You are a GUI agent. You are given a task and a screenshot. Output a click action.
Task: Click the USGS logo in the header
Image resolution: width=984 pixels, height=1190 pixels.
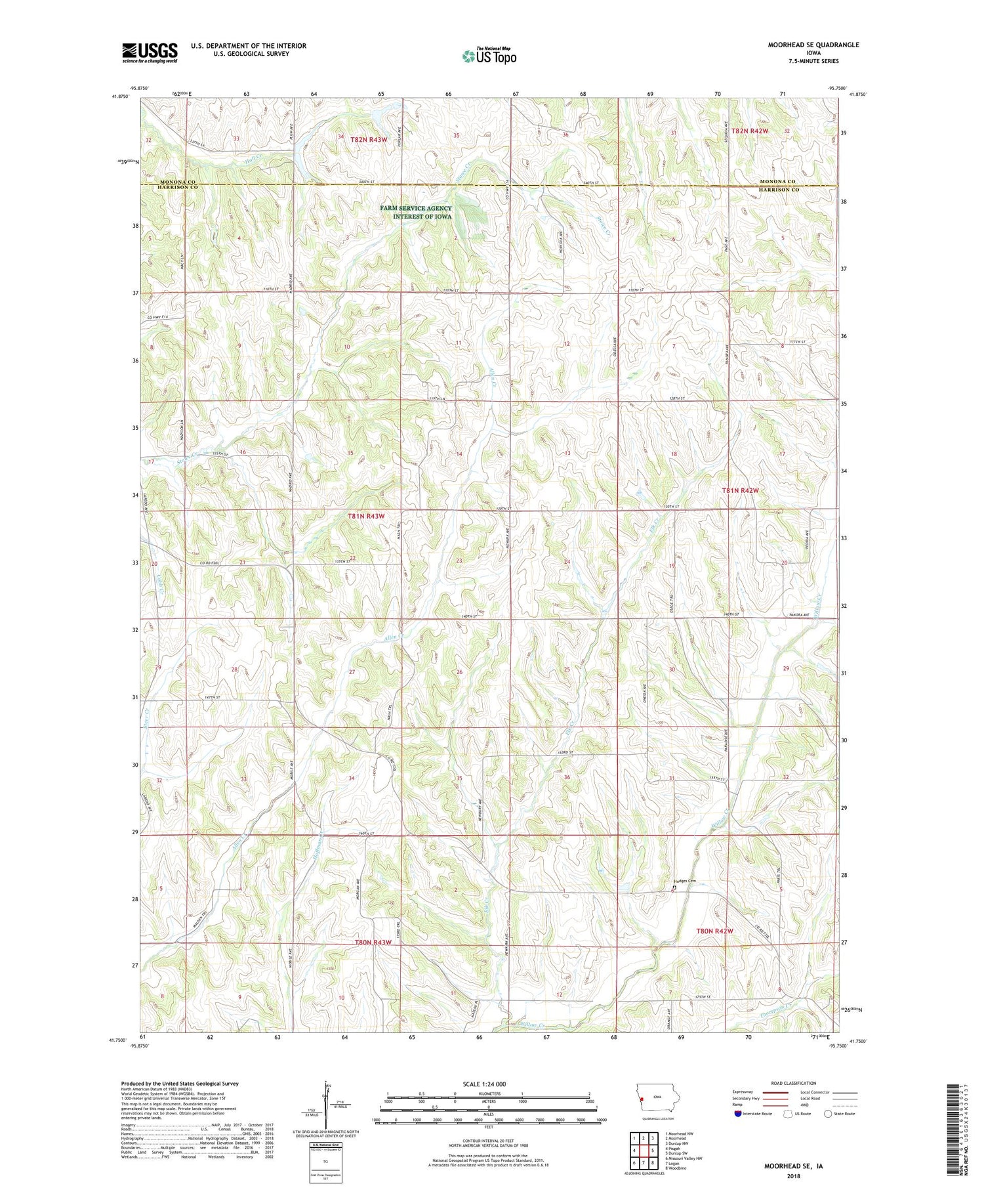[150, 53]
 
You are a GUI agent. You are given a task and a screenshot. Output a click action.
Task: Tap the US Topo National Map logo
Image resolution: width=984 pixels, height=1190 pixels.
[489, 56]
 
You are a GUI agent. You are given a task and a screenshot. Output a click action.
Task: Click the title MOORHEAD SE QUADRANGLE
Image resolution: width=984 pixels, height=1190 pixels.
[804, 45]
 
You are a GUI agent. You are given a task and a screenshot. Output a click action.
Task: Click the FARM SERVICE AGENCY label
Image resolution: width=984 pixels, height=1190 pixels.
[416, 208]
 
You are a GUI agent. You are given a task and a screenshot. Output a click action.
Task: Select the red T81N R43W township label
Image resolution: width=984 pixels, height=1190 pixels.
[366, 517]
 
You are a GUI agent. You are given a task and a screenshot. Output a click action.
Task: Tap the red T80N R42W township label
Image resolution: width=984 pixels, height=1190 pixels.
[714, 931]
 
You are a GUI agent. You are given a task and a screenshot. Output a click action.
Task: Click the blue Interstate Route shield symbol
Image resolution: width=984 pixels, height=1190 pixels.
[738, 1114]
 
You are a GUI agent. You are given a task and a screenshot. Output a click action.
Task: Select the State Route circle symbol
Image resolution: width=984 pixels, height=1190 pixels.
[829, 1113]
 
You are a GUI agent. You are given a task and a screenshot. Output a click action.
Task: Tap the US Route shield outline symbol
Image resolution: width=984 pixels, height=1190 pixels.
[787, 1113]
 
